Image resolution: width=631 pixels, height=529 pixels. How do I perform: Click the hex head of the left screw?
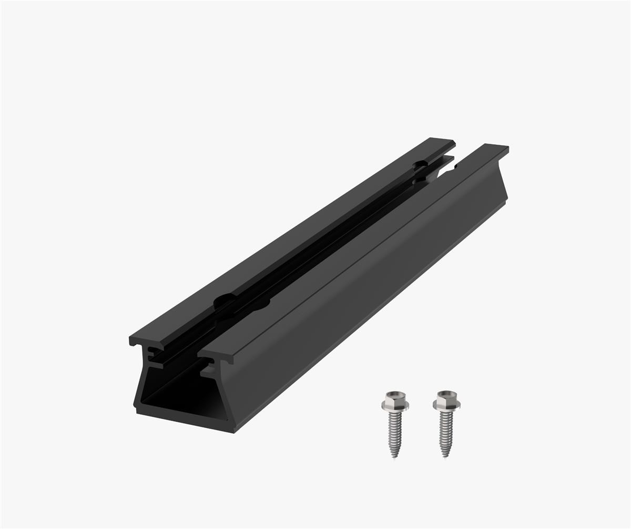[x=395, y=398]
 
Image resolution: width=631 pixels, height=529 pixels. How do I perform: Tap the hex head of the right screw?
[x=446, y=398]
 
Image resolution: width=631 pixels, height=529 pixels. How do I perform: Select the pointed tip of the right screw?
[x=446, y=455]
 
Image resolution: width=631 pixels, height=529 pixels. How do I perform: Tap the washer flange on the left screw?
[x=395, y=406]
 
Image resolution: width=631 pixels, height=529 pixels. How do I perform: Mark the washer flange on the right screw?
[x=446, y=405]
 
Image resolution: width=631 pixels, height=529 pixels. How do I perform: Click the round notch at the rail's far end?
[x=420, y=165]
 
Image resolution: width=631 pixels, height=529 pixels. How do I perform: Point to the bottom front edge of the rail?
[x=184, y=422]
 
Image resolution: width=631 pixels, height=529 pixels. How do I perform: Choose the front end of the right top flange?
[x=216, y=356]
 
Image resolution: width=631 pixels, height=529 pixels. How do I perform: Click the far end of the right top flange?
[x=496, y=146]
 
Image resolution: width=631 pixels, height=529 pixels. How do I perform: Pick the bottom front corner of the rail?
[x=233, y=432]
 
